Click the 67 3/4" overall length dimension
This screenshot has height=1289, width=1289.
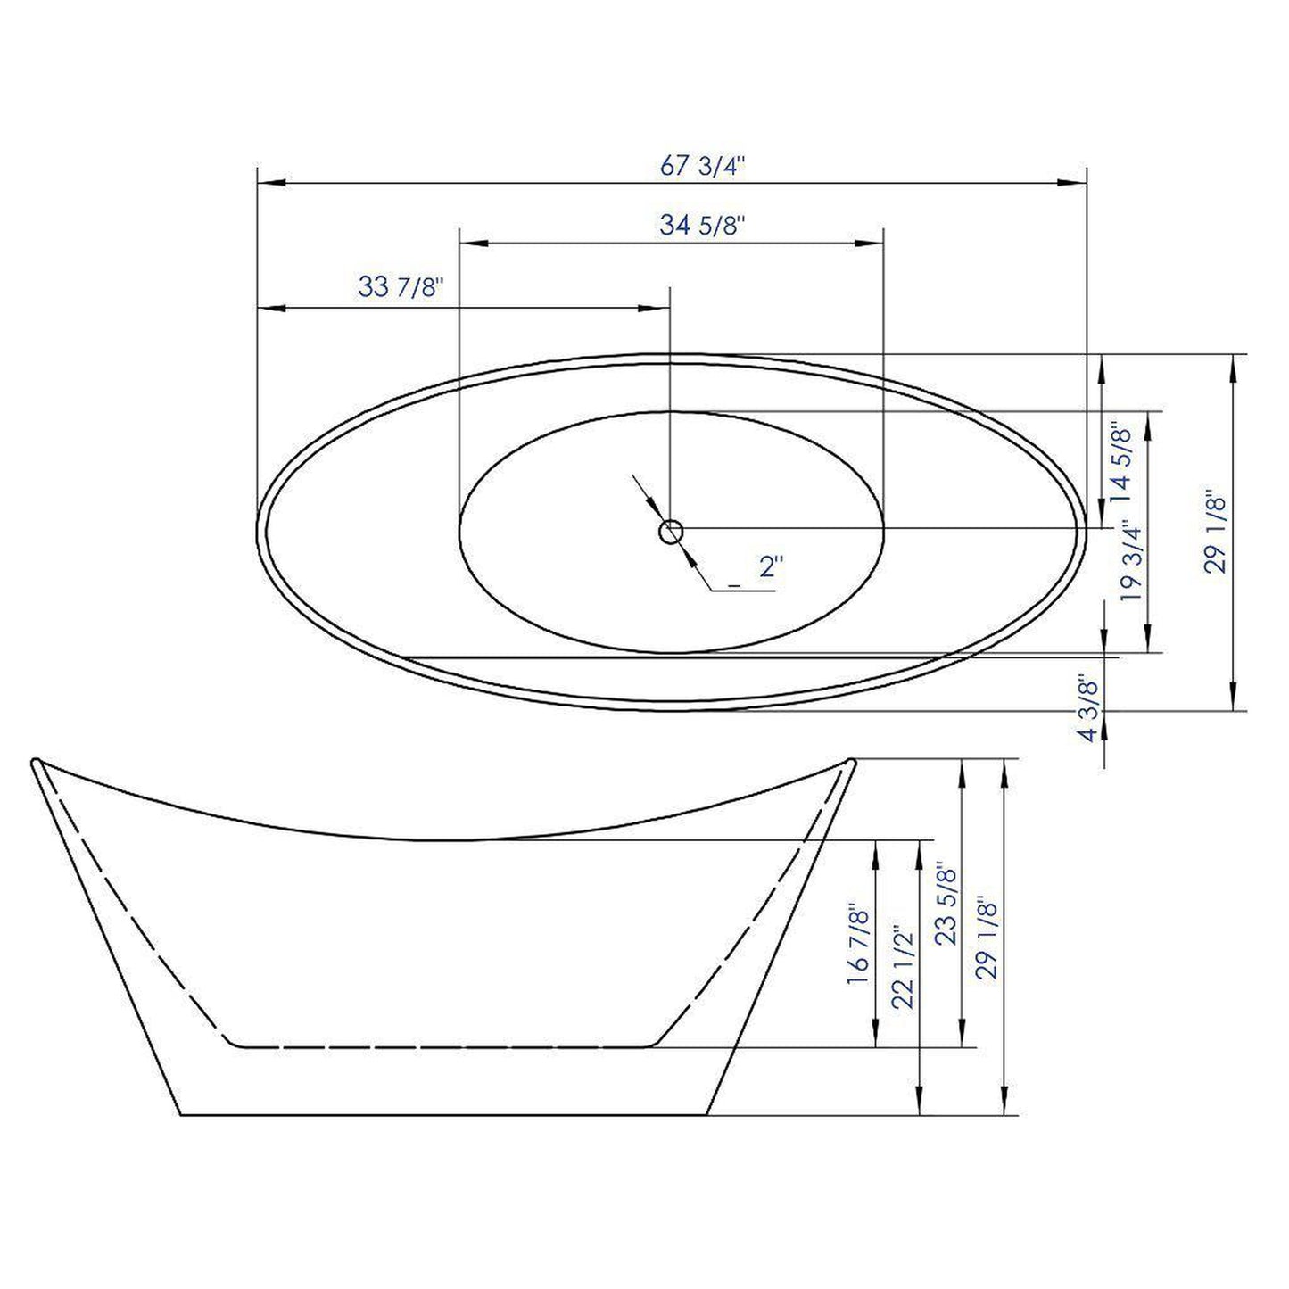point(701,167)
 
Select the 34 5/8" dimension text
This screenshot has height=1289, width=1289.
point(702,227)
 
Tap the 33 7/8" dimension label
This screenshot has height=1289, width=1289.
point(401,288)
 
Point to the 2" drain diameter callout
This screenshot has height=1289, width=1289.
point(771,567)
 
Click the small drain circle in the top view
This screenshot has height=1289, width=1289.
point(670,533)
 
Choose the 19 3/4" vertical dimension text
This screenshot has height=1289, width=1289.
point(1132,562)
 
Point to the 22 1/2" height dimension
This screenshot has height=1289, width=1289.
point(902,967)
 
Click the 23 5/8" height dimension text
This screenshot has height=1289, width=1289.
point(946,904)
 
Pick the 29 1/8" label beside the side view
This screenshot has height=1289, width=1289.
point(987,938)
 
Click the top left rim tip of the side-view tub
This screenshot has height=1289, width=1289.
point(36,763)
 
